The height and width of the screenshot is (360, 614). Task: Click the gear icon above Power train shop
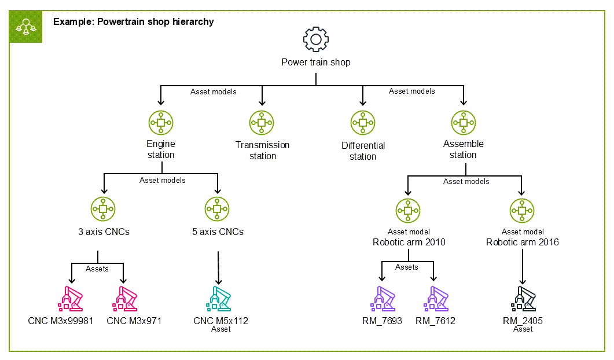pos(315,39)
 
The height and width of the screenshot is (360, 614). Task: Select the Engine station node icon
pos(161,123)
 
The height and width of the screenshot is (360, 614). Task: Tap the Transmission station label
pos(262,150)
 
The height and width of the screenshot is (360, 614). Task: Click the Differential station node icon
pos(363,123)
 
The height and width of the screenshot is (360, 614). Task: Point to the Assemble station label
pos(463,149)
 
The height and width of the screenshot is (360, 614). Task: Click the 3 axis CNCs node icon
pos(103,209)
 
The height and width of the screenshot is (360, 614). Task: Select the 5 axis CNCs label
pos(218,232)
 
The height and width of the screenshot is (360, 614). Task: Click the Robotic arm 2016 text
pos(522,243)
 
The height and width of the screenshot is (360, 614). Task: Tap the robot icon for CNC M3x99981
pos(70,299)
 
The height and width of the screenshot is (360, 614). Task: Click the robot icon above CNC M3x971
pos(126,299)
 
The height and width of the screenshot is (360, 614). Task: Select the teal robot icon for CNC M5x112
pos(218,299)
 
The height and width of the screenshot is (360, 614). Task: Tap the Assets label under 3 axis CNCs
pos(97,269)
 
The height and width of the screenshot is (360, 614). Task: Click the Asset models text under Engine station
pos(162,181)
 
